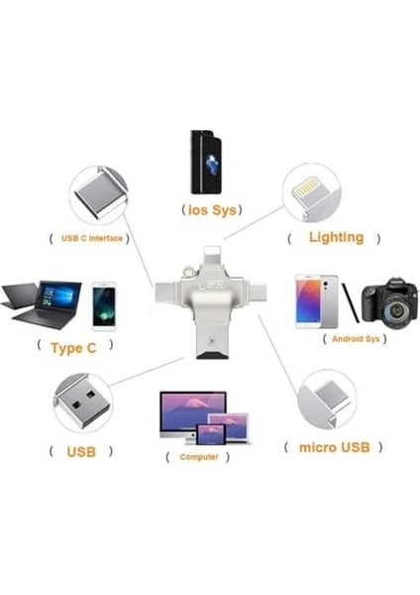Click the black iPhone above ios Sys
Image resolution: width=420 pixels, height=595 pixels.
pos(206,163)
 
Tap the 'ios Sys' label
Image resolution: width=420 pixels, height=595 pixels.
pos(212,210)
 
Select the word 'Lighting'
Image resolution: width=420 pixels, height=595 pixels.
pos(336,237)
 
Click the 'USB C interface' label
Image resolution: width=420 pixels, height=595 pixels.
pos(92,238)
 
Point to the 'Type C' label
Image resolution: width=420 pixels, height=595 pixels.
pos(73,348)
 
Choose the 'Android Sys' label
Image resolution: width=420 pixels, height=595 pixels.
pos(356,338)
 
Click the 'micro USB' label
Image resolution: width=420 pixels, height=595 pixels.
pos(335,447)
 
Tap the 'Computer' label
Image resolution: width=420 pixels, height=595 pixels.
pos(199,457)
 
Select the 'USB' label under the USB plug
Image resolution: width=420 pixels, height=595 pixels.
pos(81,451)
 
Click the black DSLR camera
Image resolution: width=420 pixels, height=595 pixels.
pos(389,303)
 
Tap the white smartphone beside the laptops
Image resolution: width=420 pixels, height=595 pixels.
pos(104,306)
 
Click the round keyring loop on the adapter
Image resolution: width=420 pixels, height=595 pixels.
pos(187,271)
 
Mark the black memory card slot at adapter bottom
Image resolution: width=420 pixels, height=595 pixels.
pos(212,356)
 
